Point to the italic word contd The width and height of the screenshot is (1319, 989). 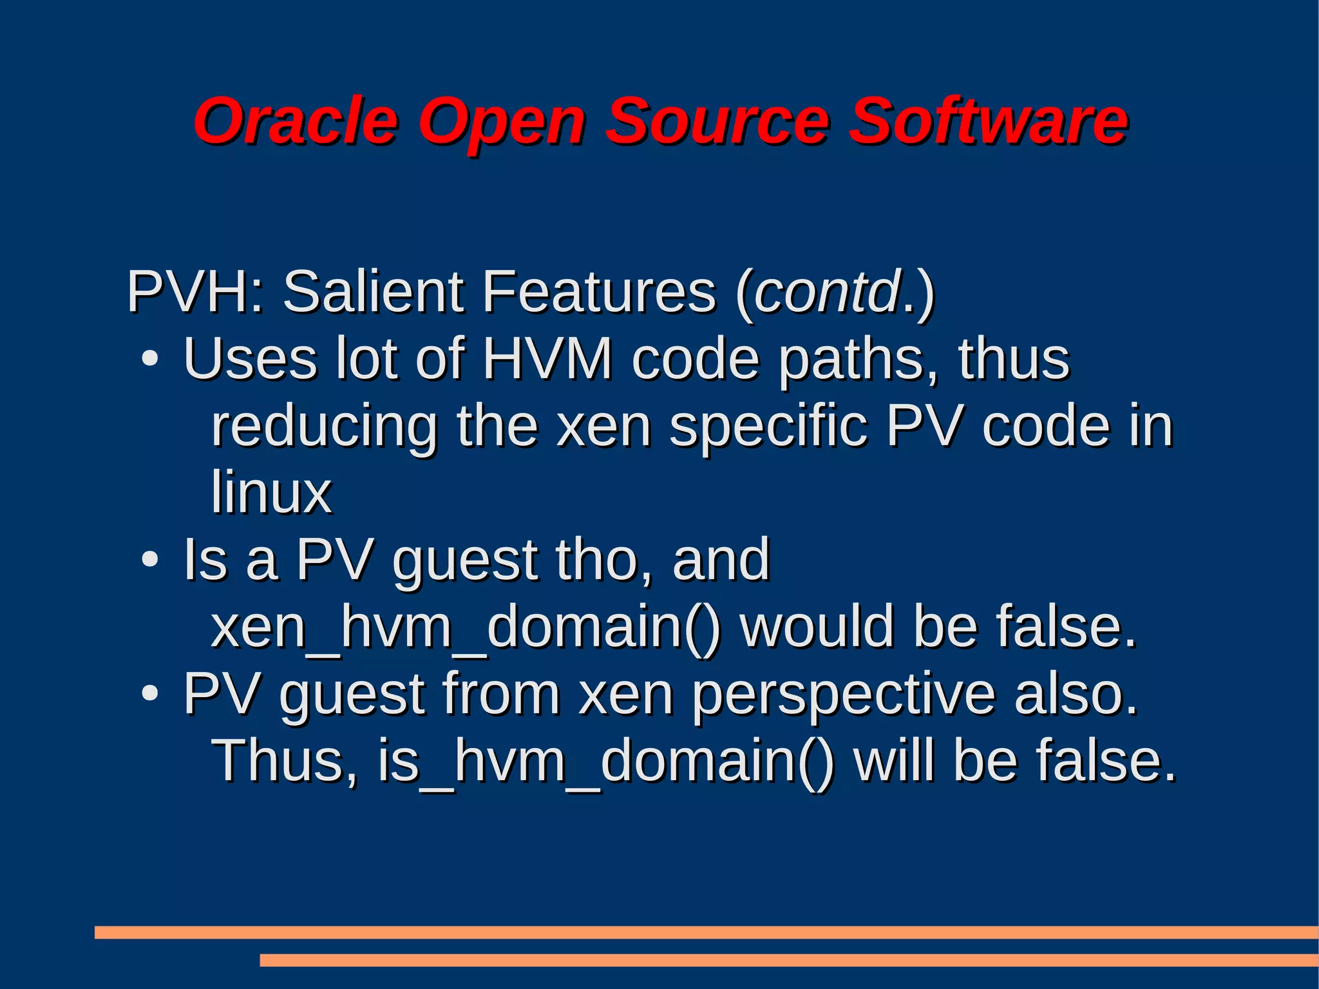[827, 292]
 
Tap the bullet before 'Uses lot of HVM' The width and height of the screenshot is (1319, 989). [149, 360]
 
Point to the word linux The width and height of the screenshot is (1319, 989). [271, 493]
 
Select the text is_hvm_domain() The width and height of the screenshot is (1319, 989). [605, 761]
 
